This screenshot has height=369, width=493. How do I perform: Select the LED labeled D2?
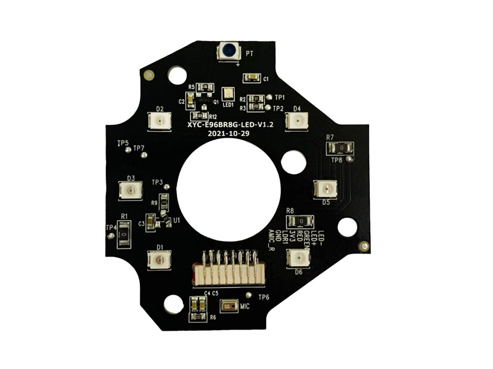(x=160, y=121)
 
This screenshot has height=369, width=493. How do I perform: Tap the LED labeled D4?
(x=297, y=122)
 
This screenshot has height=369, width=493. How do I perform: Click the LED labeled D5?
(x=324, y=189)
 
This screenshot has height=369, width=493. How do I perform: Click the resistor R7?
(x=340, y=148)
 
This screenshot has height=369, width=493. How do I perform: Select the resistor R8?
(x=301, y=221)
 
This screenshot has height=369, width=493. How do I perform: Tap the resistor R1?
(x=124, y=234)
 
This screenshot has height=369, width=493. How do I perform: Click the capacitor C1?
(x=253, y=77)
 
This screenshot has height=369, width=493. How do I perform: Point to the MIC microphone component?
(x=229, y=306)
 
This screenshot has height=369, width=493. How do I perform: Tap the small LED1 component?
(x=227, y=93)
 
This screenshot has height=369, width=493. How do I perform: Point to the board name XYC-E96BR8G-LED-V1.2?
(x=230, y=124)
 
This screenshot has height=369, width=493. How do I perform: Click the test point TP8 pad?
(x=349, y=159)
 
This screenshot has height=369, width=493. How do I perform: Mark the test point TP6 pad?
(x=248, y=295)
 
